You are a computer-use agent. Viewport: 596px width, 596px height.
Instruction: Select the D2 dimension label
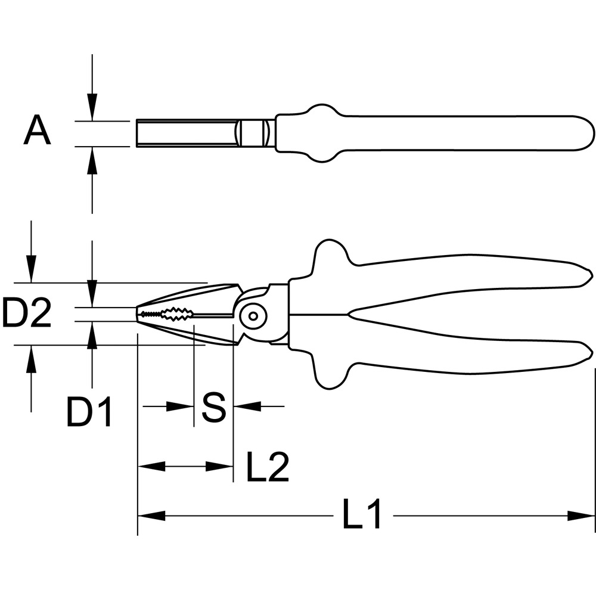[27, 313]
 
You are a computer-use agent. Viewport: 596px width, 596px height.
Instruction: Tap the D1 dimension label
[89, 412]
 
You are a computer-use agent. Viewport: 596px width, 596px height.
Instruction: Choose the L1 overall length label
[362, 514]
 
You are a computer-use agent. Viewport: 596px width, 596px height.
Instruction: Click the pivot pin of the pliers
[253, 315]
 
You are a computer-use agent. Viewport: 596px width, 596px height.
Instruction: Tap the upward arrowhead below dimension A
[92, 160]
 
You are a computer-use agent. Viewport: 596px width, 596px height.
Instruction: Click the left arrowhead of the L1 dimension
[151, 516]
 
